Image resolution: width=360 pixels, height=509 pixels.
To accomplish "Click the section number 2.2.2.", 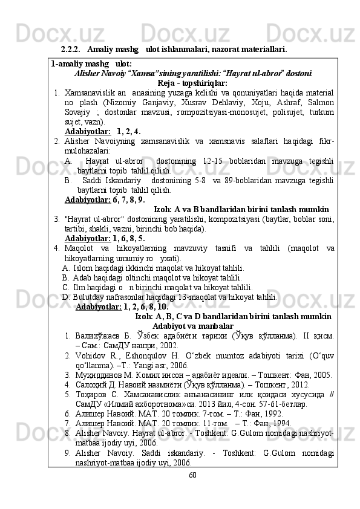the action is (71, 48).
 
